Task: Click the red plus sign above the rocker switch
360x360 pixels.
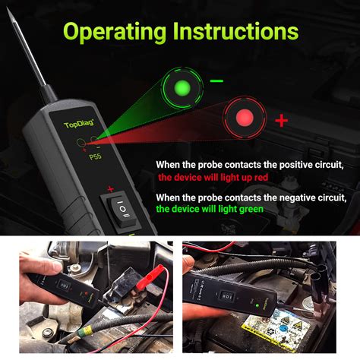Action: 111,189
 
